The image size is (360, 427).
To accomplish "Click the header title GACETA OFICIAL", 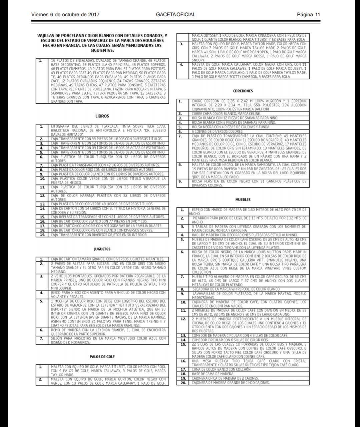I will (x=175, y=15).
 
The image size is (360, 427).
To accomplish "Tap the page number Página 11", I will (x=308, y=15).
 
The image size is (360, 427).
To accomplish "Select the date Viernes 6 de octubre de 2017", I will (x=65, y=15).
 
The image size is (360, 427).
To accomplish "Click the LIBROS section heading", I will (x=102, y=116).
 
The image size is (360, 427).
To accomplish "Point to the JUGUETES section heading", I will (x=102, y=249).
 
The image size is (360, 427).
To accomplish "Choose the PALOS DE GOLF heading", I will (x=102, y=357).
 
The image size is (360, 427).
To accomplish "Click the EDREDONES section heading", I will (x=243, y=91).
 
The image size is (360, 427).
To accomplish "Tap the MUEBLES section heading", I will (x=243, y=199).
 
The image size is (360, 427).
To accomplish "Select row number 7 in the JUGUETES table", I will (x=42, y=338).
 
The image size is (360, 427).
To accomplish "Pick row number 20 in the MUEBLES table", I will (x=183, y=383).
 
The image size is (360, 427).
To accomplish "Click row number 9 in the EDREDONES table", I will (x=180, y=181).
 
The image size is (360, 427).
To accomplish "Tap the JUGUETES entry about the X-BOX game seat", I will (x=108, y=295).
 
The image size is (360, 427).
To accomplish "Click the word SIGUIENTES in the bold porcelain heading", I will (x=102, y=50).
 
